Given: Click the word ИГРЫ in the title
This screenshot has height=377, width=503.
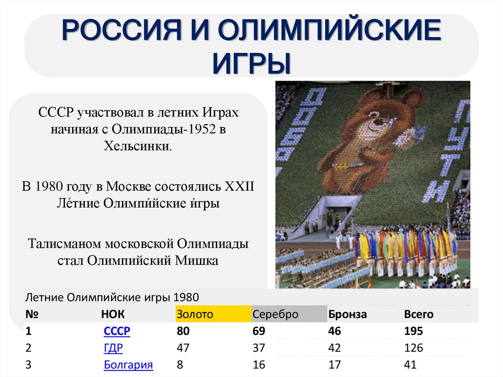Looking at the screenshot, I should (x=251, y=62).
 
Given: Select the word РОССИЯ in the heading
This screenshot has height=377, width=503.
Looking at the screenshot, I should (x=114, y=31).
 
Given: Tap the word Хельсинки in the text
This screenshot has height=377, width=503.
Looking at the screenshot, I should (x=138, y=146).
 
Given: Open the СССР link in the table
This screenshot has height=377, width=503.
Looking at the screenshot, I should (x=117, y=331).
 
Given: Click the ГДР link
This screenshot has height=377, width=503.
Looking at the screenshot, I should (x=113, y=348).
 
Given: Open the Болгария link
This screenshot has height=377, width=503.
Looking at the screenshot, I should (x=128, y=365).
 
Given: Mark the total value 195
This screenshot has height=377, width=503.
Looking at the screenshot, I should (x=413, y=331).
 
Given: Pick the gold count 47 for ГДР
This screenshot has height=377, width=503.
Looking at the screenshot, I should (x=183, y=348).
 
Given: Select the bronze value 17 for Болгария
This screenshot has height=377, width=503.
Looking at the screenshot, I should (x=335, y=365).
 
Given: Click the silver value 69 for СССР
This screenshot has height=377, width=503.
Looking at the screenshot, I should (x=258, y=331).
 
